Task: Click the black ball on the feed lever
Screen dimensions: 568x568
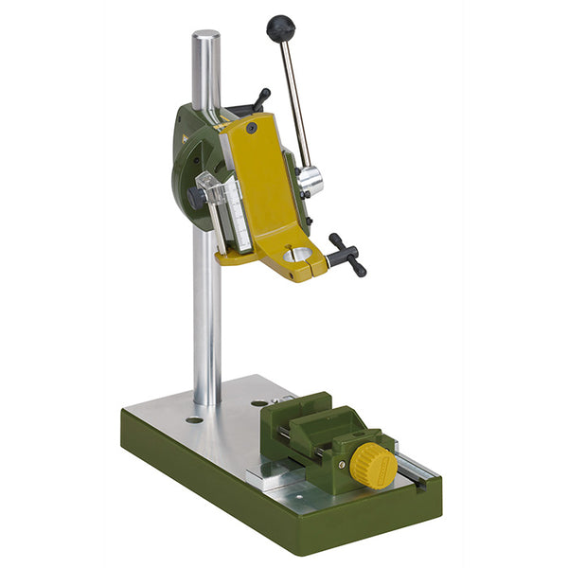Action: pos(280,28)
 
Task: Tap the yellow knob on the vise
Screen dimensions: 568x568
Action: pos(374,464)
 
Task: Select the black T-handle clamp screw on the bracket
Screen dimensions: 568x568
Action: pos(346,254)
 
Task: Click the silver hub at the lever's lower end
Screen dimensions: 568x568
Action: pos(311,181)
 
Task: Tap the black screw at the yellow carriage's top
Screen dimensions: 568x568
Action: pos(251,127)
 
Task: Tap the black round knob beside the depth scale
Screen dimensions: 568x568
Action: pos(195,197)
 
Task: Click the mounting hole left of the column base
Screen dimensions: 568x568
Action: pos(193,419)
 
